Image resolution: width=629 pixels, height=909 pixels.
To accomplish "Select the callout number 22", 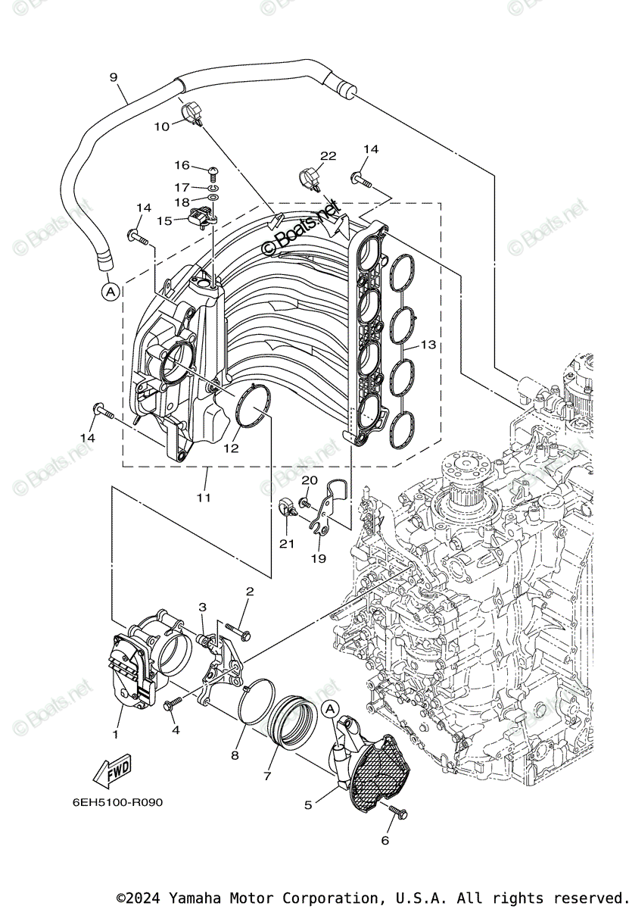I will (x=327, y=156).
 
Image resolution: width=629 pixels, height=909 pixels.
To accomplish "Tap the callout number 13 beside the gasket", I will (x=428, y=345).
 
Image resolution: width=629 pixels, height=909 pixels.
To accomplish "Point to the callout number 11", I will (x=204, y=498).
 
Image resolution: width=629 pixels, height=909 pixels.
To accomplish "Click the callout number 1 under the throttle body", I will (x=116, y=734).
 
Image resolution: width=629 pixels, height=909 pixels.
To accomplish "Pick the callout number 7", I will (x=266, y=776).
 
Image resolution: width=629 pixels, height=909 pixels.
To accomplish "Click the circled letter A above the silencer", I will (x=329, y=708).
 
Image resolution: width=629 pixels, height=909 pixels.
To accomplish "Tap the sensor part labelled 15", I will (x=200, y=217).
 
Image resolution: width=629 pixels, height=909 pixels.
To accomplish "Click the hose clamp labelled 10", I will (x=192, y=115).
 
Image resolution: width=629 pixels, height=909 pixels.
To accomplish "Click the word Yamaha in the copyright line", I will (x=193, y=898).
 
